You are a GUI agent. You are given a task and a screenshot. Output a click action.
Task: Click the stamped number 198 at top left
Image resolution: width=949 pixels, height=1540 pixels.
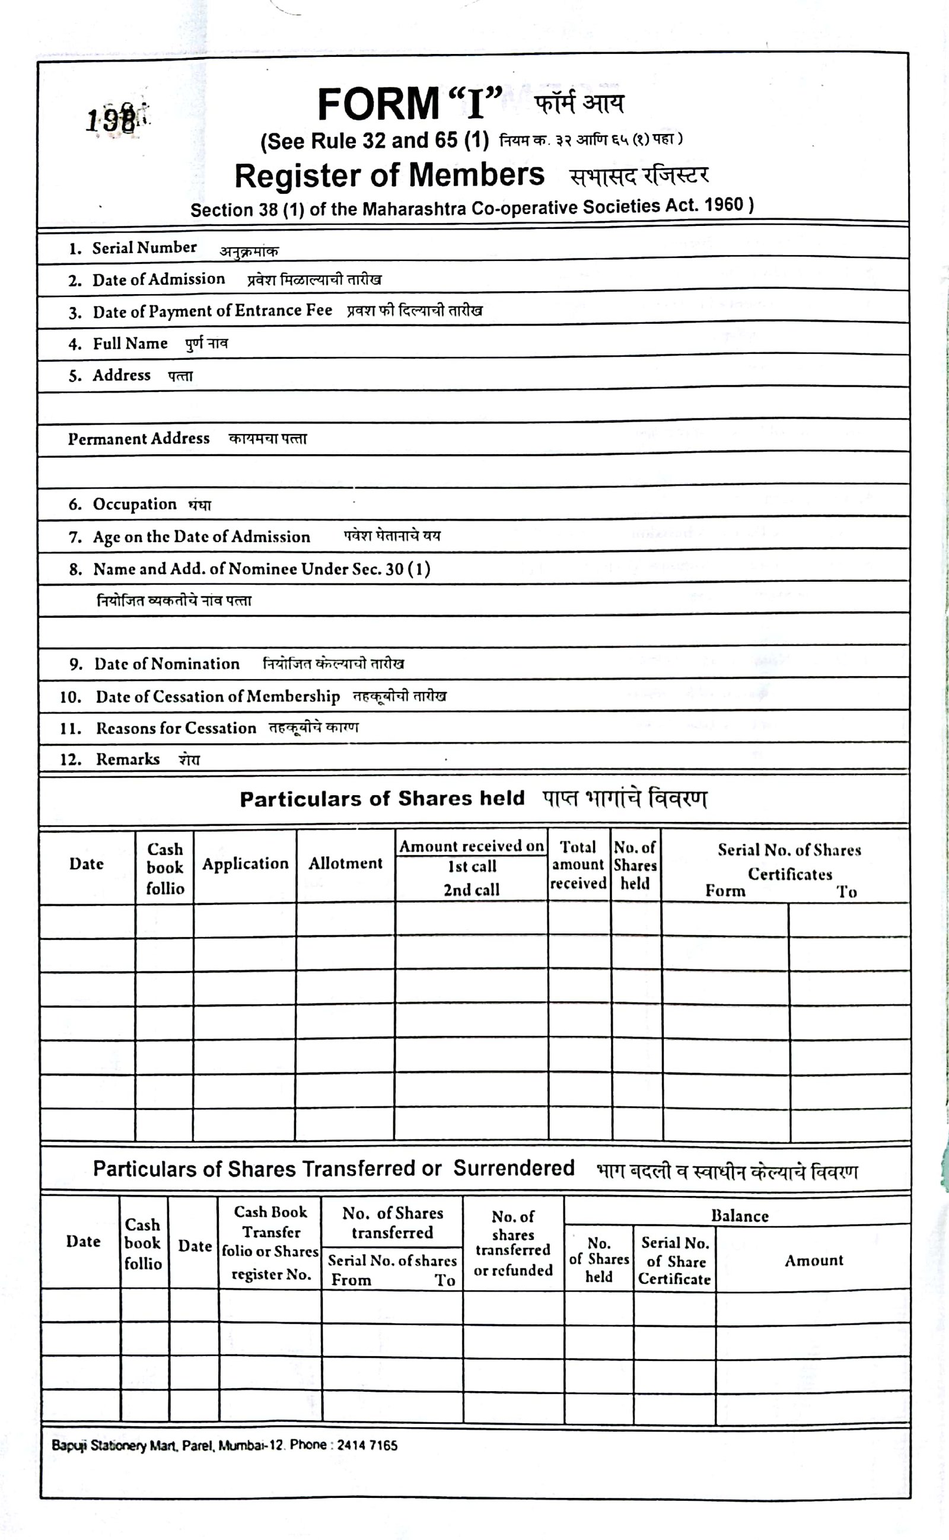click(111, 119)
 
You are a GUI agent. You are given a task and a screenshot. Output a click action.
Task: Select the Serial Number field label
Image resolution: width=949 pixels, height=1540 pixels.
click(144, 248)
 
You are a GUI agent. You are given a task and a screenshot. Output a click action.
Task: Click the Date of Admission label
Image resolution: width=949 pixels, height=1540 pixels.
click(158, 279)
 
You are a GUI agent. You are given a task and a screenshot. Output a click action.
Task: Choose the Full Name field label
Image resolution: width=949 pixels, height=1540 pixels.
click(130, 343)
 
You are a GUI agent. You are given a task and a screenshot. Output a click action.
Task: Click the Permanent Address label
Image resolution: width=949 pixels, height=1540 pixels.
click(139, 439)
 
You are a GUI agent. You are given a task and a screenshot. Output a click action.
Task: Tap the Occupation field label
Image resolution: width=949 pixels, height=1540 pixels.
click(134, 504)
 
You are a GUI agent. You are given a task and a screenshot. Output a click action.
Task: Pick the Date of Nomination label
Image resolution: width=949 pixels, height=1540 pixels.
click(166, 664)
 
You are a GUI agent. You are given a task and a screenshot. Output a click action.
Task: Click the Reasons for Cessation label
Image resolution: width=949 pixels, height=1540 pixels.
click(176, 728)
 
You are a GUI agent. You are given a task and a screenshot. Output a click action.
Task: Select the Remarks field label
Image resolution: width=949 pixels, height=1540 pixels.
click(128, 760)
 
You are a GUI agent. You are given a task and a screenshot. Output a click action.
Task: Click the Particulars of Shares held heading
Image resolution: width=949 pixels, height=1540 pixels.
click(381, 799)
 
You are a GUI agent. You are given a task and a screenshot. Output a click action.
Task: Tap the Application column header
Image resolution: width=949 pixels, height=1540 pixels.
click(245, 864)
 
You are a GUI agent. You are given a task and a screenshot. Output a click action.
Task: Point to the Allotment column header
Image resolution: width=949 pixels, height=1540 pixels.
click(345, 863)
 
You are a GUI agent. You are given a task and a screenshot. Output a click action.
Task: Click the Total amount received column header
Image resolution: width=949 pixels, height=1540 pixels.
click(578, 865)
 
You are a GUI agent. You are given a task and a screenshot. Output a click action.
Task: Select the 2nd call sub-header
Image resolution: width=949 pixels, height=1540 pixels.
click(472, 889)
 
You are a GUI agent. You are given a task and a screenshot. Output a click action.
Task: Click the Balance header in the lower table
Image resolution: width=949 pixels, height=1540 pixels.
click(740, 1216)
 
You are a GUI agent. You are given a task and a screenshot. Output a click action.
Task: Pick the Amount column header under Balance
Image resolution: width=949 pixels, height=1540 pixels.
click(813, 1260)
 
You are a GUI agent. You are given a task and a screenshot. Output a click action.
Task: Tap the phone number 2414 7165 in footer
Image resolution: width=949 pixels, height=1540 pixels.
click(367, 1445)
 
